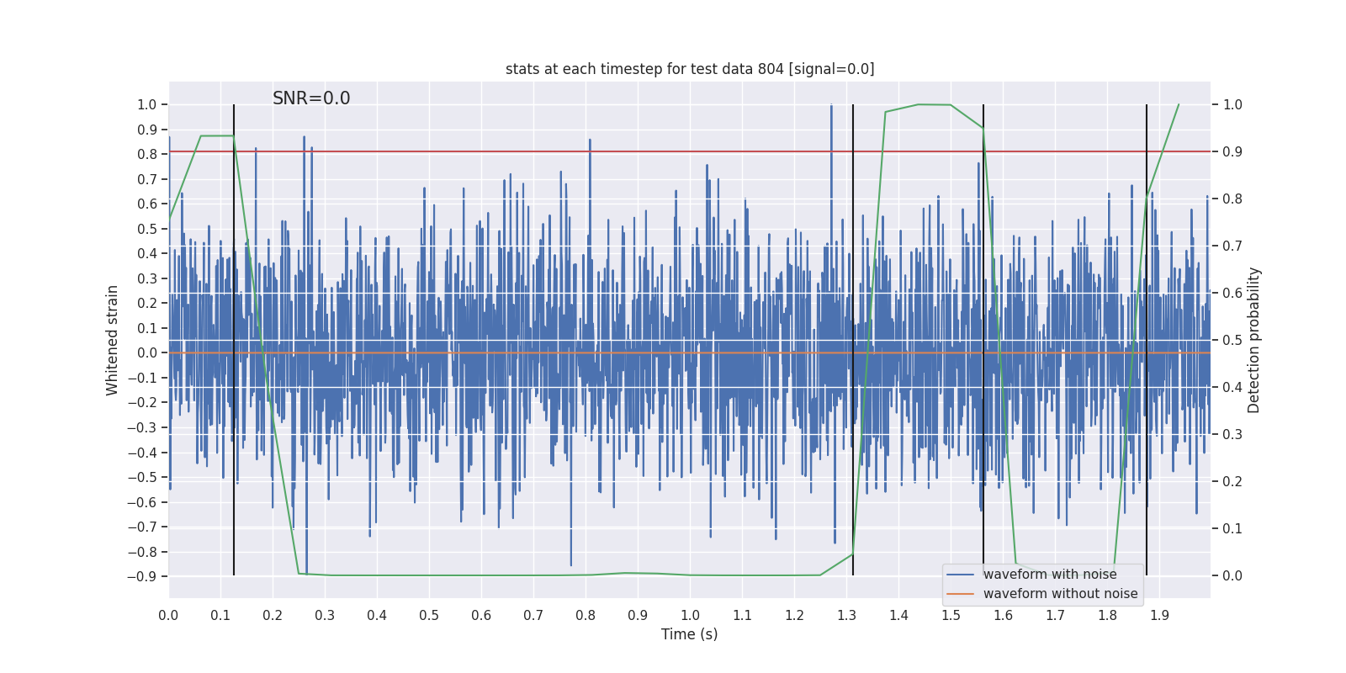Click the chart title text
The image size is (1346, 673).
[x=690, y=69]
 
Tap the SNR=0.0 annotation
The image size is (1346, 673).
[x=311, y=98]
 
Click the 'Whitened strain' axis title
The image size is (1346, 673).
[x=113, y=340]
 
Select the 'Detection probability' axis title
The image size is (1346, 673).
[x=1254, y=340]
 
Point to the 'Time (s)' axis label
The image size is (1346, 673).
[x=689, y=634]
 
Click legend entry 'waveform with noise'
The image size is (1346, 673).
[x=1050, y=575]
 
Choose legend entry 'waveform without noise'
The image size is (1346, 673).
[x=1060, y=594]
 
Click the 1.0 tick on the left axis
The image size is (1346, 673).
[x=146, y=105]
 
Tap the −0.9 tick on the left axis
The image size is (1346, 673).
[x=142, y=577]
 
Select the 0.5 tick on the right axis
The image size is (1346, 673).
[x=1232, y=341]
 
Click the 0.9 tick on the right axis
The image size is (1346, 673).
[x=1232, y=152]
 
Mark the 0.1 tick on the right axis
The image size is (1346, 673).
[x=1232, y=529]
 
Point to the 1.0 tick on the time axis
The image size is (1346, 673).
[x=690, y=616]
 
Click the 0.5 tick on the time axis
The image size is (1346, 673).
[x=429, y=616]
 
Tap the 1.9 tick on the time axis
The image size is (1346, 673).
[x=1159, y=616]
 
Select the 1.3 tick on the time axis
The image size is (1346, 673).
[x=846, y=616]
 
